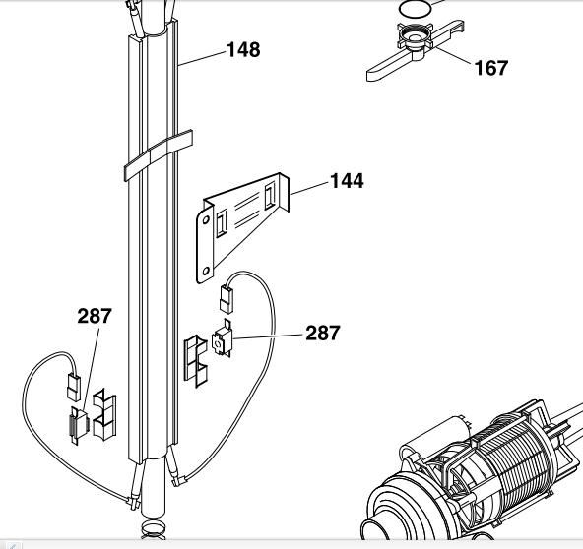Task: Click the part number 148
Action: point(243,50)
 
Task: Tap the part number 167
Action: point(491,68)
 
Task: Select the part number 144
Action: point(347,181)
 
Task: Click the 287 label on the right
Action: point(322,333)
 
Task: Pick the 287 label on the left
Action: point(95,316)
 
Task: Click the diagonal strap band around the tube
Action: point(158,155)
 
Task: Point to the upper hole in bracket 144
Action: point(205,220)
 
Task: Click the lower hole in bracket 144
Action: point(206,272)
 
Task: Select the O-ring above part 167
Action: point(416,8)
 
